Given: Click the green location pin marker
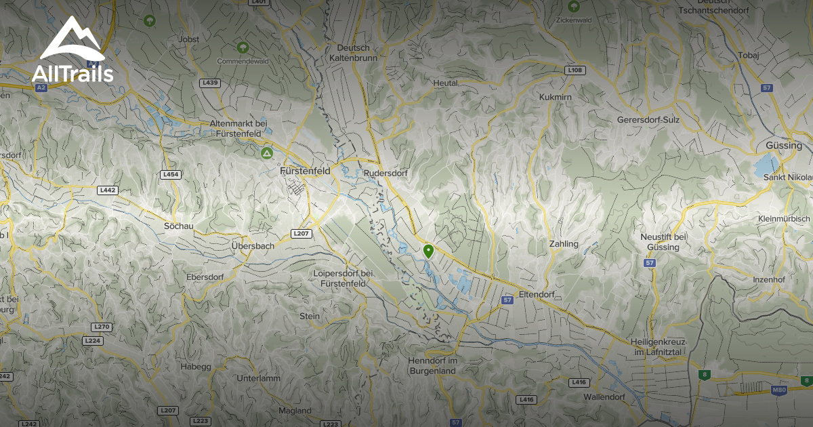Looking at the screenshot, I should [x=428, y=251].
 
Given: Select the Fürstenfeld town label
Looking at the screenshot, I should [x=305, y=171].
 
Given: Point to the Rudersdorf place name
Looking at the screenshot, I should [x=385, y=174].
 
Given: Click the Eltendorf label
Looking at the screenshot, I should [x=536, y=295].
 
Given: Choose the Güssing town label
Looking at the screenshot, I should [x=783, y=146].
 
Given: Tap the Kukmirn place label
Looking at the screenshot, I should [x=556, y=98].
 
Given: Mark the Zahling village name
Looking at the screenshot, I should [x=564, y=244].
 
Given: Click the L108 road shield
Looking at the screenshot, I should [x=575, y=70].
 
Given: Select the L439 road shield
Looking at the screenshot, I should [x=211, y=83].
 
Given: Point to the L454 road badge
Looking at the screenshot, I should [x=171, y=174].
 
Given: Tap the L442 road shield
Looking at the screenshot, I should [x=108, y=190].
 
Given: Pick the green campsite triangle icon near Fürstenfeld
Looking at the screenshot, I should [x=268, y=154].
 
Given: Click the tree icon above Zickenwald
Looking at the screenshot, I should [x=574, y=7].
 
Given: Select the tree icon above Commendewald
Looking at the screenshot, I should [x=243, y=47].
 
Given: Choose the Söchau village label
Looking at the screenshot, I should [x=179, y=225].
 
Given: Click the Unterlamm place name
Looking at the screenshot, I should [x=258, y=378].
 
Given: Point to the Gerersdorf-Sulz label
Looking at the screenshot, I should [x=648, y=120].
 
